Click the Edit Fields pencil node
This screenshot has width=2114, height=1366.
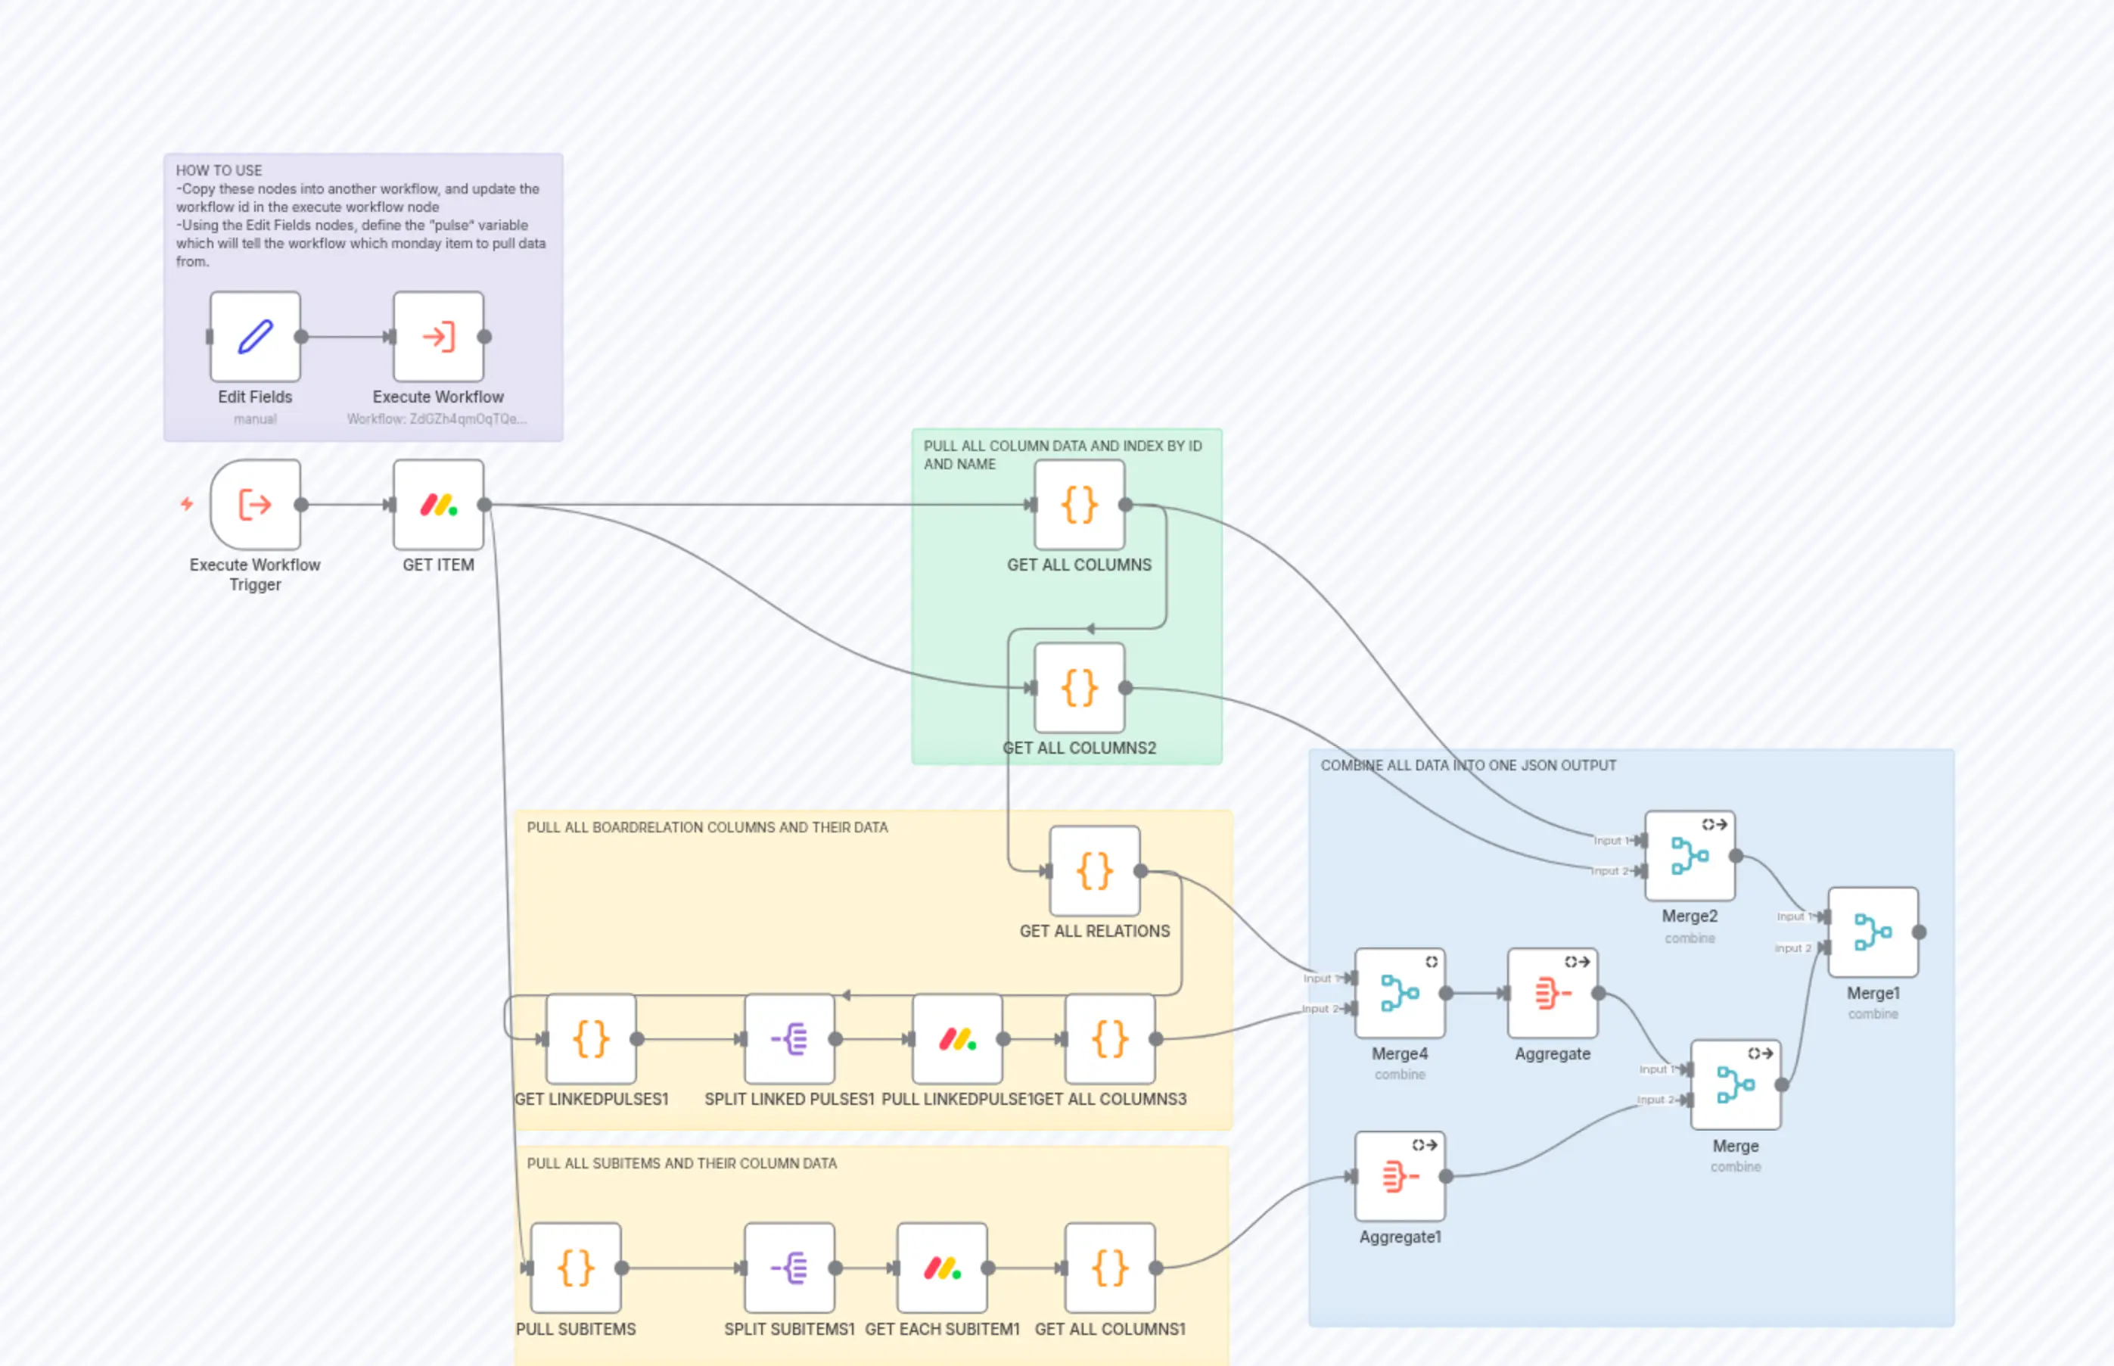pyautogui.click(x=256, y=336)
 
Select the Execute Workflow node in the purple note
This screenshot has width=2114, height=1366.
pyautogui.click(x=438, y=336)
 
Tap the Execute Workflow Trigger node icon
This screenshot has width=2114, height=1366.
pyautogui.click(x=256, y=505)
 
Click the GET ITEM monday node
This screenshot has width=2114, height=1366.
pyautogui.click(x=438, y=505)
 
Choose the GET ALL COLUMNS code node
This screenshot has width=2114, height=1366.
pyautogui.click(x=1079, y=505)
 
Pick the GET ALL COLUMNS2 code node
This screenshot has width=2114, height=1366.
pyautogui.click(x=1079, y=687)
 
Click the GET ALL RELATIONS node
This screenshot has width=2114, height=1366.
pyautogui.click(x=1094, y=871)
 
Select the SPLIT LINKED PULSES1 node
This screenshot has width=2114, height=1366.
pyautogui.click(x=789, y=1039)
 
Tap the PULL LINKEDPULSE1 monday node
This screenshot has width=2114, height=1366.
pyautogui.click(x=957, y=1039)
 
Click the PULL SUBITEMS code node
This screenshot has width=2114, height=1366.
pyautogui.click(x=576, y=1268)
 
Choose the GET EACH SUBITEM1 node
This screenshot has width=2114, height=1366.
pyautogui.click(x=942, y=1268)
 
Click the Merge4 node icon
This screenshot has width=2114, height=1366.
pyautogui.click(x=1399, y=993)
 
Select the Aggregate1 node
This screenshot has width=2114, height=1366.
pyautogui.click(x=1399, y=1176)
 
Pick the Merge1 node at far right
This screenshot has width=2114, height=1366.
pyautogui.click(x=1873, y=932)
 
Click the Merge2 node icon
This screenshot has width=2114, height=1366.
pyautogui.click(x=1690, y=856)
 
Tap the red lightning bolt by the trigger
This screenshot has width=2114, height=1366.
pyautogui.click(x=187, y=504)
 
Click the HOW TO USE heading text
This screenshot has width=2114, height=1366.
pyautogui.click(x=219, y=170)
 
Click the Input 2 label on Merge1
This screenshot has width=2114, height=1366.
pyautogui.click(x=1792, y=948)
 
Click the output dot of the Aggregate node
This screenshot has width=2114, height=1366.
pyautogui.click(x=1599, y=994)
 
